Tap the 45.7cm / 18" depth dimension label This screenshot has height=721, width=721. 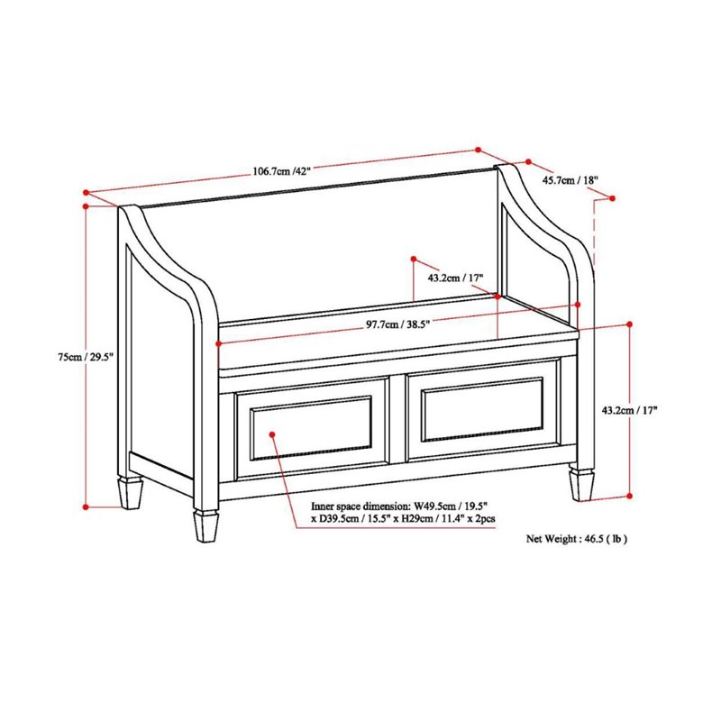570,180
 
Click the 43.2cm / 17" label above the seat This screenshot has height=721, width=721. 456,278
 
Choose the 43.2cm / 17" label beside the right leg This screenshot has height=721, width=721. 630,410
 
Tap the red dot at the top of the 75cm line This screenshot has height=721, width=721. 87,205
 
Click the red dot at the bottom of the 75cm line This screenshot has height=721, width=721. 87,507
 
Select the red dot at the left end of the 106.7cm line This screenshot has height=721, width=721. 86,191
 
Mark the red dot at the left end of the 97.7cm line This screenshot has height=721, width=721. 218,343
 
